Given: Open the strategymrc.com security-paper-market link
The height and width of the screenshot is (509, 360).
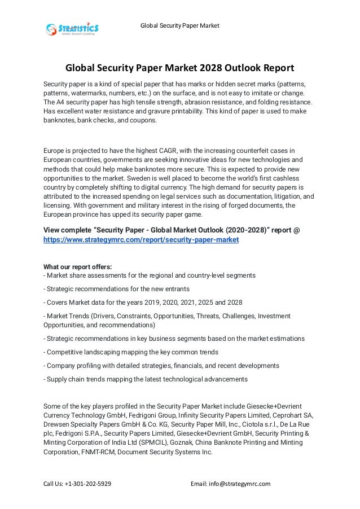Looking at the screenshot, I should click(141, 240).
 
